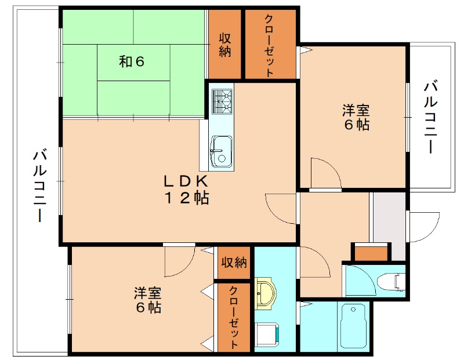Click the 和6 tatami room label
(x=132, y=61)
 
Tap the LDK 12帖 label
(x=185, y=189)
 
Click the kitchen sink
(x=221, y=151)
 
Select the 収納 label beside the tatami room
(x=225, y=44)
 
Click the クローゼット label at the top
(x=270, y=44)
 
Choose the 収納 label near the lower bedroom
(x=234, y=262)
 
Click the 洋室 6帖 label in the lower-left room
(x=147, y=300)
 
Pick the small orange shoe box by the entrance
(x=371, y=253)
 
